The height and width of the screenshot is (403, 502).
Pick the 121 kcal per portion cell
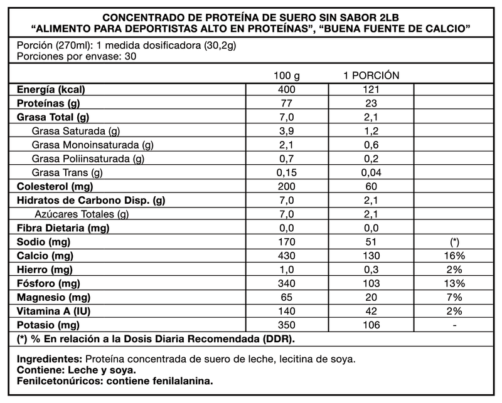371,90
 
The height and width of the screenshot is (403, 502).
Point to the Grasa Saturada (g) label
75,131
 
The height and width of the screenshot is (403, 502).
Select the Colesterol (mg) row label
55,186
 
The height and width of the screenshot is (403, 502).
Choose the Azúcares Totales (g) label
82,214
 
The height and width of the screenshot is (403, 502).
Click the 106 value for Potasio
371,325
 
